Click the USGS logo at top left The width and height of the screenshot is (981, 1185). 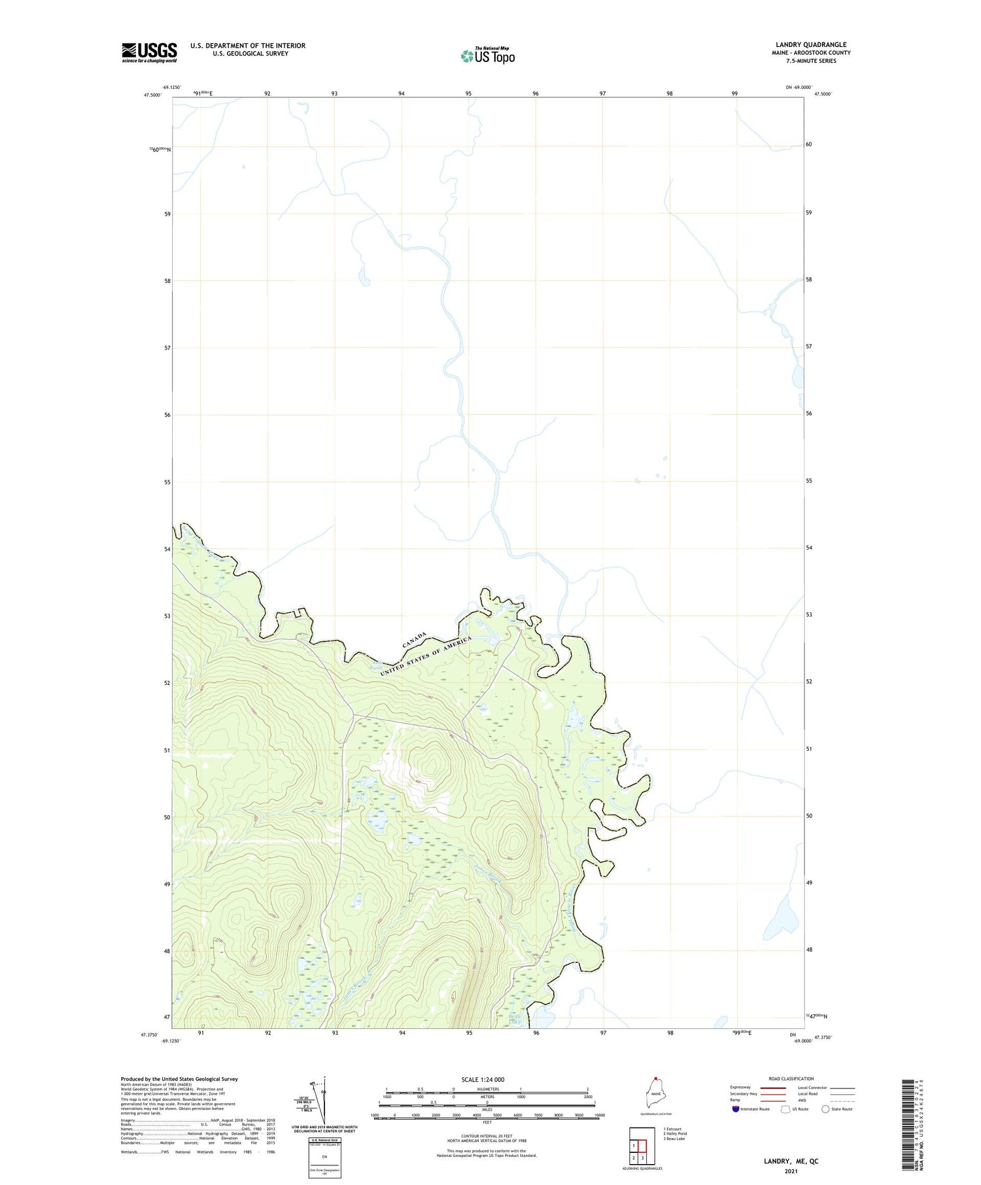(x=149, y=52)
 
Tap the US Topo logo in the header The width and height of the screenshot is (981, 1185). (x=488, y=56)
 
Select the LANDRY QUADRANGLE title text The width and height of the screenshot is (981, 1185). (x=811, y=44)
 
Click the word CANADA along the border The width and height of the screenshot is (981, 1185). (x=414, y=641)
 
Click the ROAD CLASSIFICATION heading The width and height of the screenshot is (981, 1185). (x=791, y=1078)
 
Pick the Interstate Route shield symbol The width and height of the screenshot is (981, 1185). (x=736, y=1109)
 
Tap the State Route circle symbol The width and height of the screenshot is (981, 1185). (x=825, y=1109)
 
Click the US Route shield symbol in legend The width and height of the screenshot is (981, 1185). (x=785, y=1109)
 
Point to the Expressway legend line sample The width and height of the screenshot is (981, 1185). (x=772, y=1088)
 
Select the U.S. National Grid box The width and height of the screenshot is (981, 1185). (x=324, y=1158)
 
